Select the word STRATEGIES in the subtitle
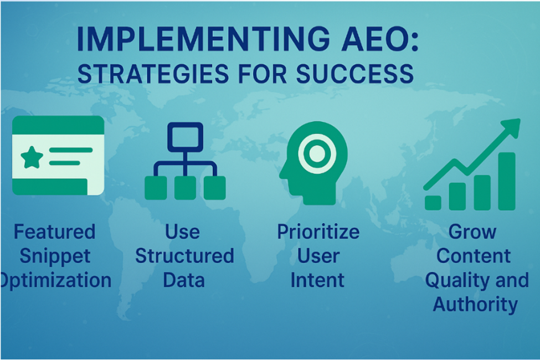(x=153, y=74)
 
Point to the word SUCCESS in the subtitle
(x=354, y=74)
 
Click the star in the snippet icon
(x=32, y=157)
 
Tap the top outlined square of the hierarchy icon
(x=185, y=137)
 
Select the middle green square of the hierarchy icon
(x=185, y=188)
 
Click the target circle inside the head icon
(x=317, y=153)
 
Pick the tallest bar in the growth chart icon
(x=507, y=181)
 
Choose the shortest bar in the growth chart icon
(x=433, y=203)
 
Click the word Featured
(x=54, y=232)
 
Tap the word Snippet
(x=55, y=256)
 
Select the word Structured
(x=184, y=256)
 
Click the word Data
(x=184, y=280)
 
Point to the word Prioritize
(x=318, y=232)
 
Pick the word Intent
(x=317, y=280)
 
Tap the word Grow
(x=472, y=232)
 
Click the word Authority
(x=475, y=305)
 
